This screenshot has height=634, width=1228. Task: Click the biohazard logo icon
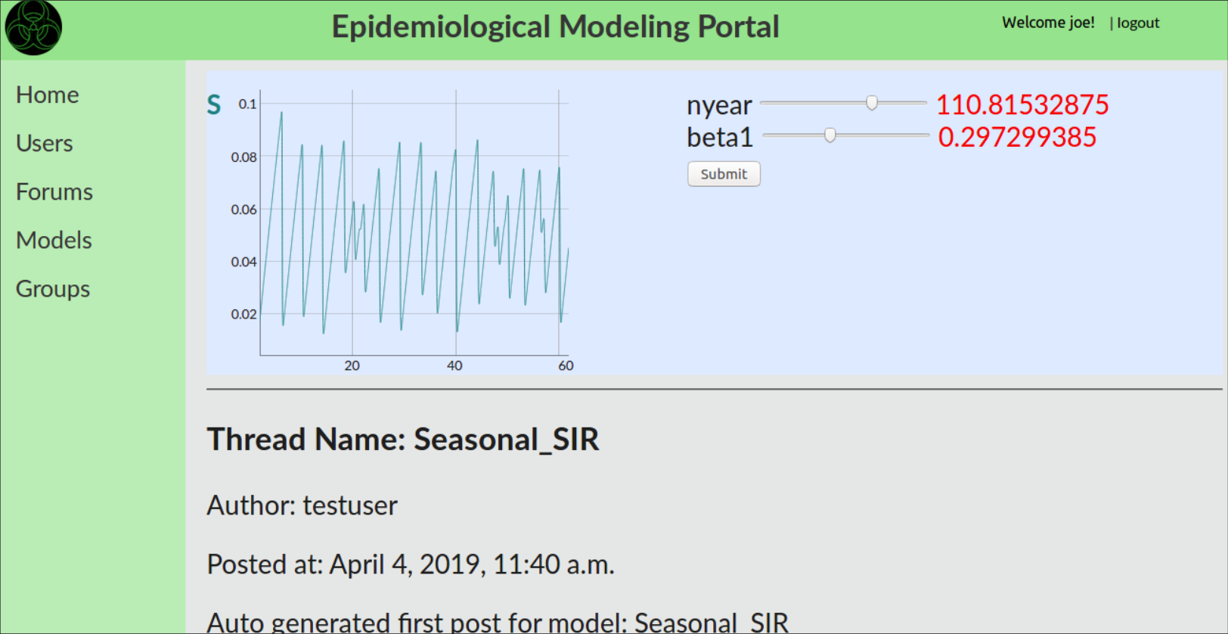pos(33,27)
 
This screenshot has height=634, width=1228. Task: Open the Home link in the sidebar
pos(47,95)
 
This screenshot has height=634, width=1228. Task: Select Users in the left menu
pos(45,143)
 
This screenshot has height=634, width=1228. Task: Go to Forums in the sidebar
pos(54,192)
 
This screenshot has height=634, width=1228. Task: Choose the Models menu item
pos(54,241)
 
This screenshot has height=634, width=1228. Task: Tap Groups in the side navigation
pos(53,289)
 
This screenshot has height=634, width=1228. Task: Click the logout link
pos(1138,23)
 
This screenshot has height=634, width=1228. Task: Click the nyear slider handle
pos(872,103)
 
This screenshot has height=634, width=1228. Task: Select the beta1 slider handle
pos(830,135)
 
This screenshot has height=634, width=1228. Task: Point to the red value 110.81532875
pos(1022,104)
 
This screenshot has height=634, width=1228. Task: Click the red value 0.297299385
pos(1017,137)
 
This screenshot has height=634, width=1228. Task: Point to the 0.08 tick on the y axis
pos(244,157)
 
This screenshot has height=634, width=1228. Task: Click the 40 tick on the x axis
pos(454,365)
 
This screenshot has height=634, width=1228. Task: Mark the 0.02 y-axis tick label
pos(244,314)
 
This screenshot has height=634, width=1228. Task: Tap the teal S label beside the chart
pos(214,104)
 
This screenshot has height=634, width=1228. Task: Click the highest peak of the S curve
pos(281,113)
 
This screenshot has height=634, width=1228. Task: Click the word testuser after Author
pos(350,505)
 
